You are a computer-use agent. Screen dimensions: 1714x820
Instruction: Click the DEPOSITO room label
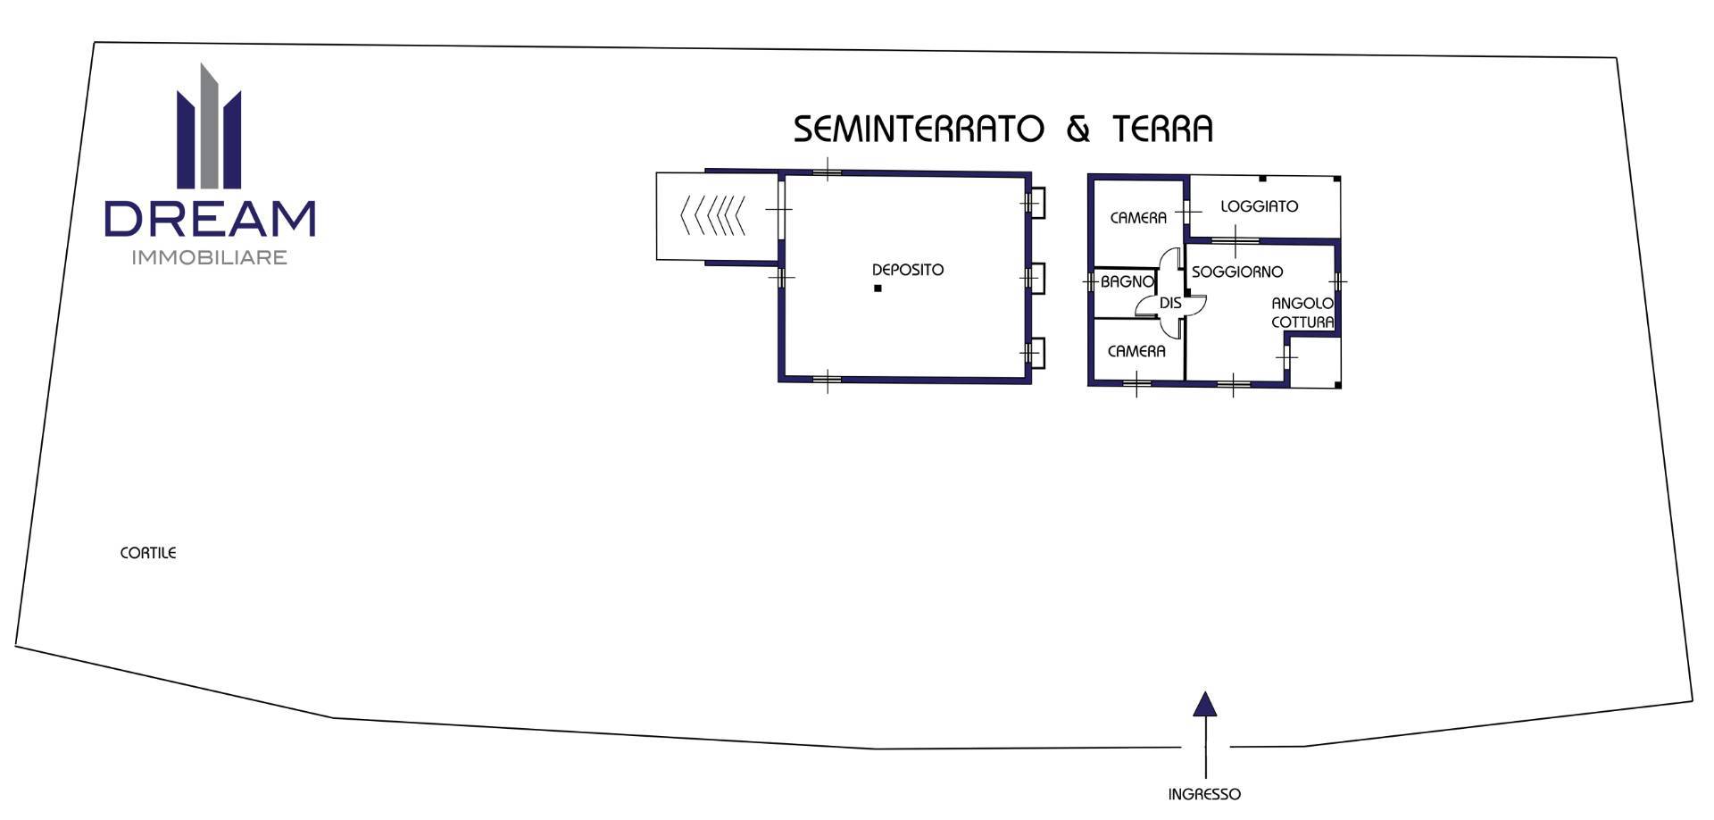(907, 270)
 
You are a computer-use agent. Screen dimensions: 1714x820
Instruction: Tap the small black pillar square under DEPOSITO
(878, 289)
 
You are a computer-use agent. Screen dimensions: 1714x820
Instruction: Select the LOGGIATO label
(1259, 206)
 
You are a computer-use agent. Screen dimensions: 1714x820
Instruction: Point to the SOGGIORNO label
(1237, 272)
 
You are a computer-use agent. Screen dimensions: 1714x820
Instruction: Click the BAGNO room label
(1127, 281)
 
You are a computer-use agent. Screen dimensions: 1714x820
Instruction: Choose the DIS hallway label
(1170, 304)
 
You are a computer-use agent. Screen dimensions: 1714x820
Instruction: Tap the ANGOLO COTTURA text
(1302, 313)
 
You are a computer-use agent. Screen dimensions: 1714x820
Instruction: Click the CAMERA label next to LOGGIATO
(1138, 218)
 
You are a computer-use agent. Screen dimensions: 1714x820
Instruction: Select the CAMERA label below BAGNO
(1136, 352)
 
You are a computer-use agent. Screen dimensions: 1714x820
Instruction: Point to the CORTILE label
(148, 553)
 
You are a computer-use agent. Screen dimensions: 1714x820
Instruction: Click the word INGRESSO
(1204, 794)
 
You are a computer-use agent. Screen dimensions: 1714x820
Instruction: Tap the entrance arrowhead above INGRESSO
(1205, 704)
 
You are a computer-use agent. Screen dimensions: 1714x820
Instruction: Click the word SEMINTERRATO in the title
(919, 129)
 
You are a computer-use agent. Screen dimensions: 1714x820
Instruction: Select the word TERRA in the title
(1163, 129)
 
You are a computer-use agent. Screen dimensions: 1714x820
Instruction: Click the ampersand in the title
(1078, 130)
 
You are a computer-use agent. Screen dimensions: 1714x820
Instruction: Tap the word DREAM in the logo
(210, 219)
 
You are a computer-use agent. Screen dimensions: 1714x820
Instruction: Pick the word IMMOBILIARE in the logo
(210, 257)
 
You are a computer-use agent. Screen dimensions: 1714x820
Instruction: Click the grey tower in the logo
(209, 126)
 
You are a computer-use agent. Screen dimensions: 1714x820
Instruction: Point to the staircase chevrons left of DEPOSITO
(712, 215)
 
